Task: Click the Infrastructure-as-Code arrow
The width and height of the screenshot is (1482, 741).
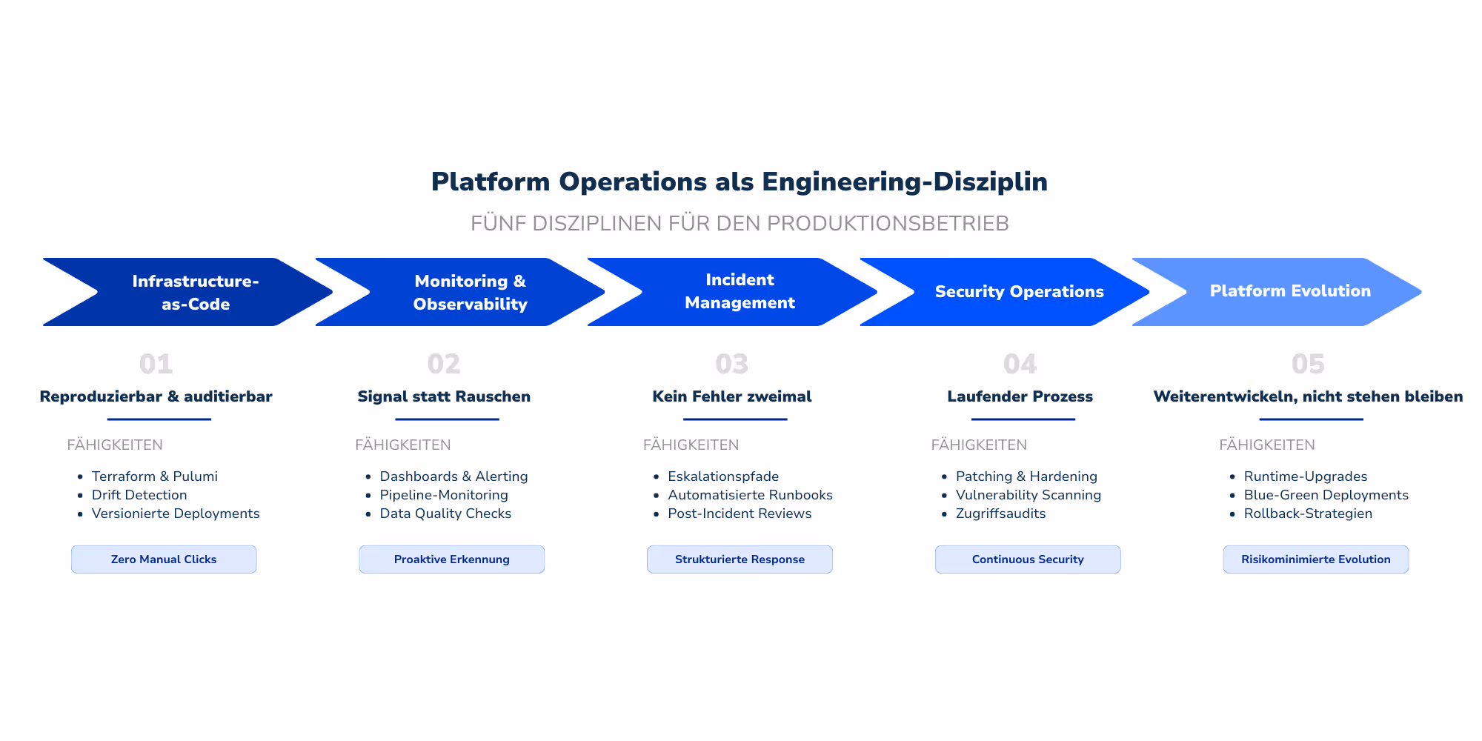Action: pyautogui.click(x=196, y=292)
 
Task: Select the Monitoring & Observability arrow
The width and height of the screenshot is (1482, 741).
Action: pyautogui.click(x=470, y=292)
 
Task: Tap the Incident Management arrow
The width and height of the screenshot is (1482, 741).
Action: pyautogui.click(x=740, y=291)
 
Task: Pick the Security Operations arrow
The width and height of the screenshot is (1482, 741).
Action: pyautogui.click(x=1019, y=292)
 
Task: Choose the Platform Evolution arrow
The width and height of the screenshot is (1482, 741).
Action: pyautogui.click(x=1290, y=291)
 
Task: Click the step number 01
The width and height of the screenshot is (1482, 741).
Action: pyautogui.click(x=156, y=364)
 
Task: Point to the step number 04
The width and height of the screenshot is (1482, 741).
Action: pyautogui.click(x=1020, y=364)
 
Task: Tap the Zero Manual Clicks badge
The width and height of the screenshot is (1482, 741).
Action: pyautogui.click(x=164, y=559)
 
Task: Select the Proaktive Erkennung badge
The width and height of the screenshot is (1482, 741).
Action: pyautogui.click(x=452, y=559)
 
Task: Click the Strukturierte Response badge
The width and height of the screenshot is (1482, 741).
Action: pyautogui.click(x=740, y=559)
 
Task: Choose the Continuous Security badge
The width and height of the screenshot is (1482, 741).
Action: pyautogui.click(x=1028, y=559)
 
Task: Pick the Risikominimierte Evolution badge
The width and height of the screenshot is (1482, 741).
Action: pyautogui.click(x=1315, y=559)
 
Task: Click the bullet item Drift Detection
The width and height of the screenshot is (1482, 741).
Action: pyautogui.click(x=139, y=495)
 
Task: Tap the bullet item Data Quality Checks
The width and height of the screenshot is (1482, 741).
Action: pyautogui.click(x=445, y=514)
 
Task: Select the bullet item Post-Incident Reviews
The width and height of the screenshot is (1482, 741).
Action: pyautogui.click(x=740, y=514)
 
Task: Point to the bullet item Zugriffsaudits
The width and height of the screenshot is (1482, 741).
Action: pyautogui.click(x=1000, y=514)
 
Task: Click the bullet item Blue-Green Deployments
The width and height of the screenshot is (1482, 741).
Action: pyautogui.click(x=1326, y=495)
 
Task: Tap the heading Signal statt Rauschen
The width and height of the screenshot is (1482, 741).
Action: pyautogui.click(x=444, y=396)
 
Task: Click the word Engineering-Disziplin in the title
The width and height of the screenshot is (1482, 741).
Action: pyautogui.click(x=905, y=182)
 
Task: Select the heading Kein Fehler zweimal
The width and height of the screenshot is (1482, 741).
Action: pyautogui.click(x=731, y=396)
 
